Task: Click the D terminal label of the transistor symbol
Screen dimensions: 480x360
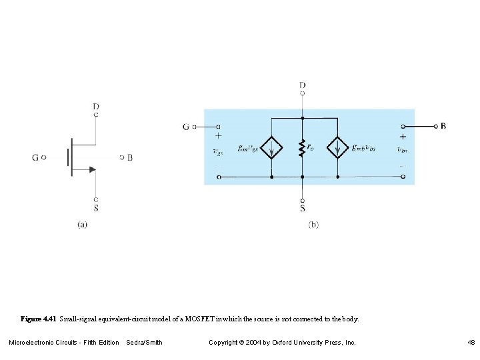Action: click(x=97, y=106)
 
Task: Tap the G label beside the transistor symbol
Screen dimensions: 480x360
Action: click(x=35, y=158)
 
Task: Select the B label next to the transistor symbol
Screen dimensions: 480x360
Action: click(x=130, y=158)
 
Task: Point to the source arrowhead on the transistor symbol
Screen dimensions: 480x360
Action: click(x=92, y=169)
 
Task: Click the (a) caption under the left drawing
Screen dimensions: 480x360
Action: click(x=82, y=225)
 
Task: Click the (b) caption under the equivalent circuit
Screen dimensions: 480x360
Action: click(x=313, y=225)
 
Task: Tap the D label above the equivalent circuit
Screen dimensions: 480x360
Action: click(x=303, y=85)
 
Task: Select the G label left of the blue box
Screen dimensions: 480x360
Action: click(x=186, y=127)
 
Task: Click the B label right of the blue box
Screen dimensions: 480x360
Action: click(x=444, y=125)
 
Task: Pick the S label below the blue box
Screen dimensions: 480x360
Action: click(x=303, y=209)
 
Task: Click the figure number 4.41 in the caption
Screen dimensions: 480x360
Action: click(x=49, y=319)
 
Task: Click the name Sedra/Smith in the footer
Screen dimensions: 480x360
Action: click(x=144, y=343)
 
